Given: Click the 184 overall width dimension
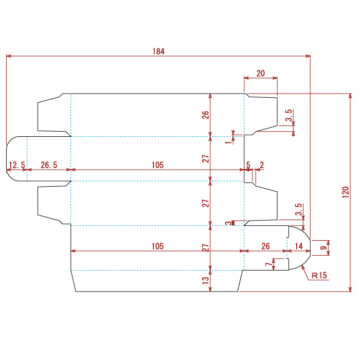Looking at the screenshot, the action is point(158,51).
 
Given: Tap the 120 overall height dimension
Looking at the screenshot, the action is point(346,192).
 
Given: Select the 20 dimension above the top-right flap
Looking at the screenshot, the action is point(261,74).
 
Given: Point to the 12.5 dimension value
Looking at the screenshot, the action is point(17,165).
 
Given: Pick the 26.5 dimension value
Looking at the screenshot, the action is point(49,165).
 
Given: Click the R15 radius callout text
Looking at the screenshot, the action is point(319,275).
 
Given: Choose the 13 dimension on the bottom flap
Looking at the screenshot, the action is point(206,280).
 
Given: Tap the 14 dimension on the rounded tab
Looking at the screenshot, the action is point(298,246).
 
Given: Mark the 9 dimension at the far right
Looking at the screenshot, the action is point(323,248).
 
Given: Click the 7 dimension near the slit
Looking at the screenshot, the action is point(268,264).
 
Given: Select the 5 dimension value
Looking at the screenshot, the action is point(248,165).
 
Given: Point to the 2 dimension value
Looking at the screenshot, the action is point(262,165).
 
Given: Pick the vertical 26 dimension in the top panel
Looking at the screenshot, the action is point(206,115).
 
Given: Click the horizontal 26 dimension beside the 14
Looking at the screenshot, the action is point(265,246).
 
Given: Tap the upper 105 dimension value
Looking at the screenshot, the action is point(157,165).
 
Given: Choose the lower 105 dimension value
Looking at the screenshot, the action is point(157,246).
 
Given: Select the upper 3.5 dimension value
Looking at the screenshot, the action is point(289,115).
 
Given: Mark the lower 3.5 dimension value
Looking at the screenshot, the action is point(298,209).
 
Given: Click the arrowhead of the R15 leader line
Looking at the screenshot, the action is point(302,266).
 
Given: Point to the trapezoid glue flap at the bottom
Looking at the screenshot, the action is point(157,281).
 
